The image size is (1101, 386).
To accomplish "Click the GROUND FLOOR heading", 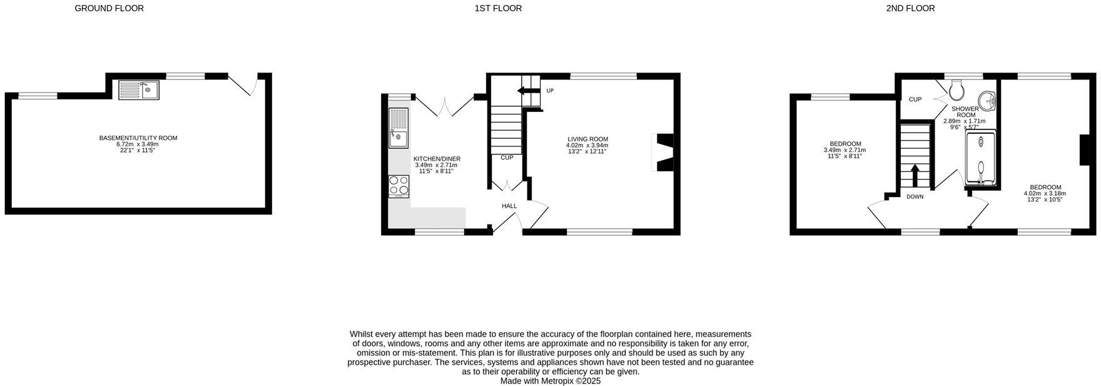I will pos(109,8).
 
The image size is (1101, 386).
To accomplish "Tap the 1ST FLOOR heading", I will pos(498,8).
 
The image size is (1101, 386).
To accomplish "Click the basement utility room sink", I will pos(139,89).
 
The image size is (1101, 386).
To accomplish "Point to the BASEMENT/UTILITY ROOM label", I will pos(138,138).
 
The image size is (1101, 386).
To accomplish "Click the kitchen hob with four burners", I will pos(399,186).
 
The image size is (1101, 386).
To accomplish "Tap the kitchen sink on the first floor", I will pos(398,128).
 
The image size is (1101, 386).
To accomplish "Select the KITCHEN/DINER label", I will pos(437,159).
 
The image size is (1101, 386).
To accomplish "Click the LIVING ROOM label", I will pos(587,139).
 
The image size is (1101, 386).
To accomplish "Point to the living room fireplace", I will pos(662,153).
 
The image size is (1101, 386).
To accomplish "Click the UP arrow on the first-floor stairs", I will pos(528,91).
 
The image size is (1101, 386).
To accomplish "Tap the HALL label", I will pos(509,206).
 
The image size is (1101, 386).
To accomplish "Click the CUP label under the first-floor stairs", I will pos(507,158).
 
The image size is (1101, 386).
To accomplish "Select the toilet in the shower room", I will pos(956,91).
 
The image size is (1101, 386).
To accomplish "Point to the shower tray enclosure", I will pos(981,157).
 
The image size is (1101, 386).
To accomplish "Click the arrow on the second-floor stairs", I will pos(915,176).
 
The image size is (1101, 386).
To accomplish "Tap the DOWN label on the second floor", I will pos(915,196).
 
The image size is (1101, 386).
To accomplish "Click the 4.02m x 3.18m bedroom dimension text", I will pos(1045,193).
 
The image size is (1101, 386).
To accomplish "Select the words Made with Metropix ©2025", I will pos(550,380).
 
